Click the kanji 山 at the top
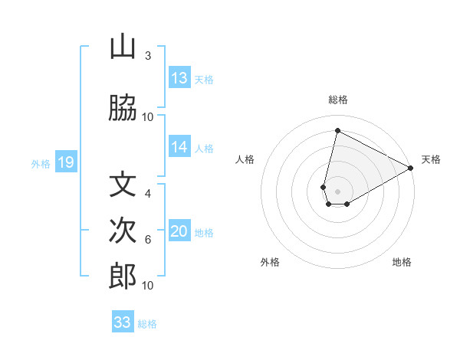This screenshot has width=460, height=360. point(123,47)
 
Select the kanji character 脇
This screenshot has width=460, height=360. point(123,109)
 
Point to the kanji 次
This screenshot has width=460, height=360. point(123,231)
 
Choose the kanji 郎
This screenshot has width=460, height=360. point(123,277)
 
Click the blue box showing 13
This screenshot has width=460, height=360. point(179,78)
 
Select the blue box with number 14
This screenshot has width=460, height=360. point(179,147)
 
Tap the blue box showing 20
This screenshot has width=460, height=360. point(179,231)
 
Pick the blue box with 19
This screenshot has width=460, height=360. point(65,162)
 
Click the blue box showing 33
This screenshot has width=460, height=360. point(123,322)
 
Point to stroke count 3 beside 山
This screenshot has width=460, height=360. point(148,56)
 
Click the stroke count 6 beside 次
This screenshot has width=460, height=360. point(148,240)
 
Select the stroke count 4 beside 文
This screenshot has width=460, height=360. point(148,194)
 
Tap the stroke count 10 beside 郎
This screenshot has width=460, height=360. point(148,286)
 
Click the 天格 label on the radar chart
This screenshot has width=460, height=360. point(431,159)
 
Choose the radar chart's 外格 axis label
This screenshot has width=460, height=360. point(270,262)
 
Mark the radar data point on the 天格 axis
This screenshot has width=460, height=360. point(411,169)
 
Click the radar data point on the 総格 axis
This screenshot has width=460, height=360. point(337,130)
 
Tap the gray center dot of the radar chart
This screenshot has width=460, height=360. point(338,191)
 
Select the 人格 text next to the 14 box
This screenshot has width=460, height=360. point(204,148)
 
